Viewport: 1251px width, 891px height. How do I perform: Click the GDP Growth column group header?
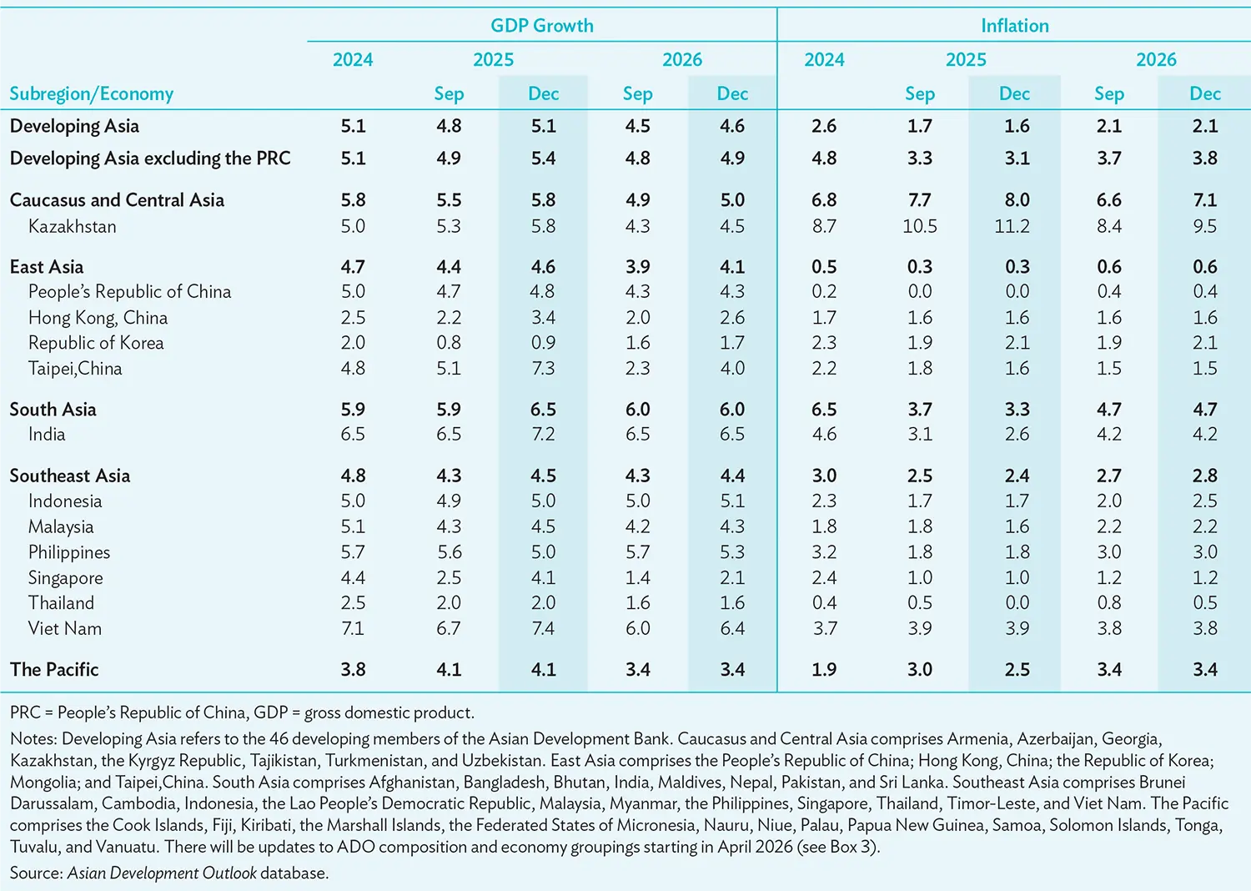pos(542,26)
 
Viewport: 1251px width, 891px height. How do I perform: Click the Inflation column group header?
pos(1015,26)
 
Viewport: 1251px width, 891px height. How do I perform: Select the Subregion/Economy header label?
pos(92,93)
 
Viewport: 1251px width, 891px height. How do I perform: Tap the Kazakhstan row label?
pos(73,226)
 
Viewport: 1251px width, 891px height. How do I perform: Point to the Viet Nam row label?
pos(65,628)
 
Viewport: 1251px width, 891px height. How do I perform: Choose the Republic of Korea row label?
pos(96,342)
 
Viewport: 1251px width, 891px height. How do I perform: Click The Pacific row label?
pos(54,669)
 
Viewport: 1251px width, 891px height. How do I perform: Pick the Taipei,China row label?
pos(75,369)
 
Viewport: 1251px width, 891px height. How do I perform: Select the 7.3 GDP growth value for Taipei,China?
pos(543,369)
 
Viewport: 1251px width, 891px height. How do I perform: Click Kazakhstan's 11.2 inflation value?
pos(1012,226)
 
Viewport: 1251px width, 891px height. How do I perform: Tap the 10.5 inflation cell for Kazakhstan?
pos(920,226)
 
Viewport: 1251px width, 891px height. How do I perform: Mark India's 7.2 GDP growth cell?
pos(543,434)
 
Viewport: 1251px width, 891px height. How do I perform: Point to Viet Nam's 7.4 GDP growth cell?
pos(543,628)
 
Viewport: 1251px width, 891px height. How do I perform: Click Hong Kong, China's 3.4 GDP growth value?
pos(543,318)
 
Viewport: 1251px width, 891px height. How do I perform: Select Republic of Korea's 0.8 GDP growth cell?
pos(449,342)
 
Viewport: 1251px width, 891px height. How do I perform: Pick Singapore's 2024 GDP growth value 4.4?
pos(353,577)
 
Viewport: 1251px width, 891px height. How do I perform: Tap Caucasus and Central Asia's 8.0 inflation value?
pos(1017,200)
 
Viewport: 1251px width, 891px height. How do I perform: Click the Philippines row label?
pos(69,552)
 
